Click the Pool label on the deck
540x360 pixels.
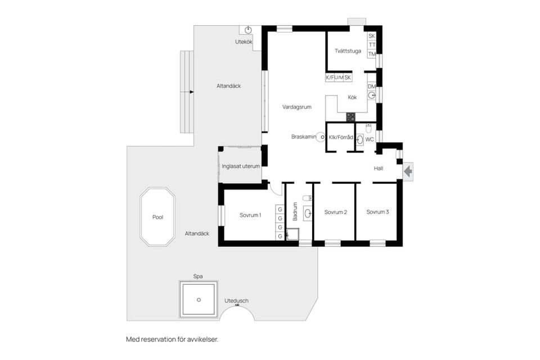pyautogui.click(x=157, y=217)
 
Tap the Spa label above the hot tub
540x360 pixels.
pyautogui.click(x=198, y=276)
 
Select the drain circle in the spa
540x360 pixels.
pyautogui.click(x=199, y=300)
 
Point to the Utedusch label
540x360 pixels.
pyautogui.click(x=236, y=300)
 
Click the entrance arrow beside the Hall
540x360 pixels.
pyautogui.click(x=408, y=171)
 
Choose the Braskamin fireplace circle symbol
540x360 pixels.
pyautogui.click(x=321, y=137)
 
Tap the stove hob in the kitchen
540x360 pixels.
pyautogui.click(x=350, y=117)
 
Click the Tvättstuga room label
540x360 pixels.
pyautogui.click(x=348, y=51)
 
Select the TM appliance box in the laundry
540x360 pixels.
pyautogui.click(x=372, y=54)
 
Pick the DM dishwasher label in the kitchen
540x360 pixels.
pyautogui.click(x=372, y=87)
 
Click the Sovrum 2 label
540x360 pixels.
pyautogui.click(x=335, y=212)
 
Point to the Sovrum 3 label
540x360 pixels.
pyautogui.click(x=377, y=212)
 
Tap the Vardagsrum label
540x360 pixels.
pyautogui.click(x=297, y=107)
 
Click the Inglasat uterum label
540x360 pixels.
pyautogui.click(x=241, y=166)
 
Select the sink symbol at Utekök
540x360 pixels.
pyautogui.click(x=248, y=30)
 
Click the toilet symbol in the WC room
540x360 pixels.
pyautogui.click(x=368, y=128)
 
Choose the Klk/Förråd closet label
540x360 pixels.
pyautogui.click(x=341, y=137)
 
